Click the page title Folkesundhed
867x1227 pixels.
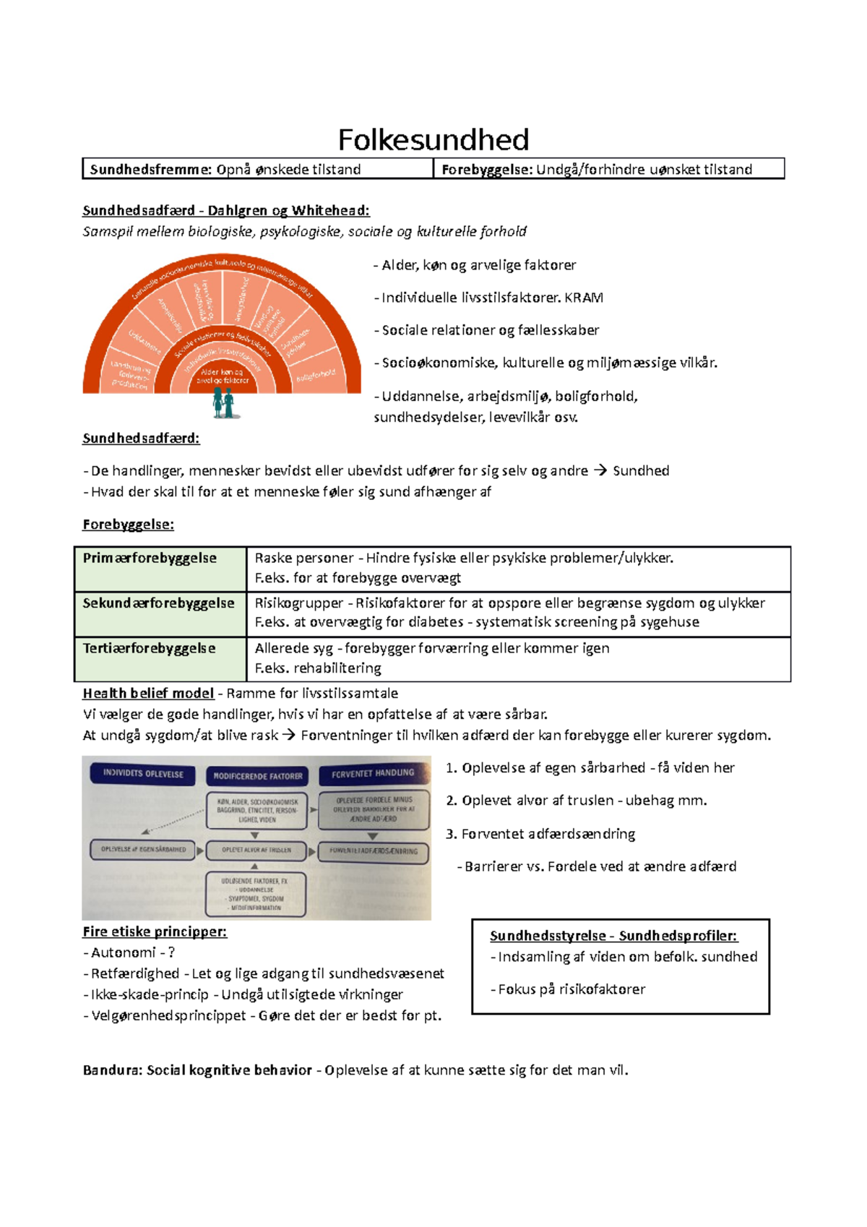(x=433, y=139)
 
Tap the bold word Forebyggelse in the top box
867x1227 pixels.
(x=486, y=169)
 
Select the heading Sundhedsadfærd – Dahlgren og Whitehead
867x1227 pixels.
(x=225, y=210)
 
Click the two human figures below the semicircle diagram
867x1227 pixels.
(x=224, y=403)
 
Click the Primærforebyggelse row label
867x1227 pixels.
(x=150, y=558)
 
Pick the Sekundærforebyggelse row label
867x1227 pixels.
(x=158, y=603)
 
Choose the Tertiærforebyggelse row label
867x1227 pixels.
(x=149, y=648)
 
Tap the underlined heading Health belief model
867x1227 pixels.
(x=148, y=693)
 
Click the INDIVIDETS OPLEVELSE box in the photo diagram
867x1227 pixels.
(x=143, y=773)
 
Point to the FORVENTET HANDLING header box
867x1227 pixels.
(x=373, y=773)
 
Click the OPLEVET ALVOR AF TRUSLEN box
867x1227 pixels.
(x=256, y=851)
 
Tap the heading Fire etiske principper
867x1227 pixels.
(x=155, y=931)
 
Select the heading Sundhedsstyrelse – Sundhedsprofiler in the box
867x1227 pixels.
(x=613, y=936)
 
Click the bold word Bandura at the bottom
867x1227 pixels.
(x=111, y=1069)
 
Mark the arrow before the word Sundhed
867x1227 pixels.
(x=600, y=471)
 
